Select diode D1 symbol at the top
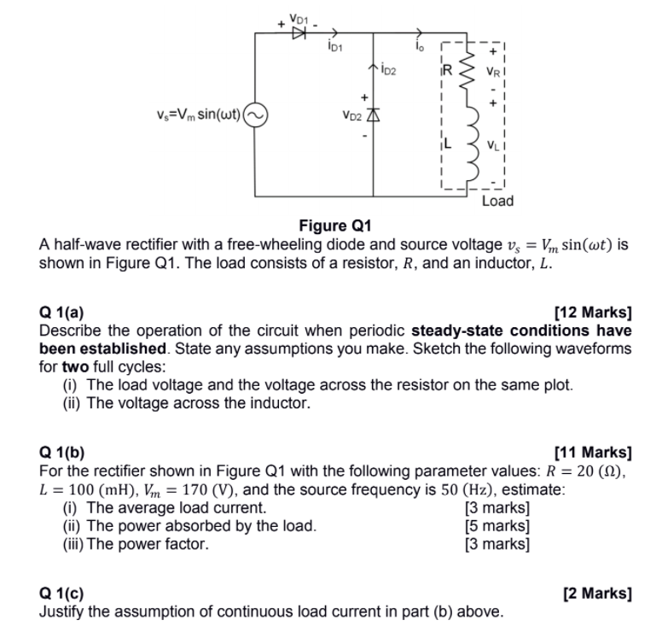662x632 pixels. [x=299, y=33]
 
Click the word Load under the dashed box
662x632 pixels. [x=497, y=202]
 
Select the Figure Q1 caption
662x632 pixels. [x=335, y=226]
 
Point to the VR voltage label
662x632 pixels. [x=493, y=73]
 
